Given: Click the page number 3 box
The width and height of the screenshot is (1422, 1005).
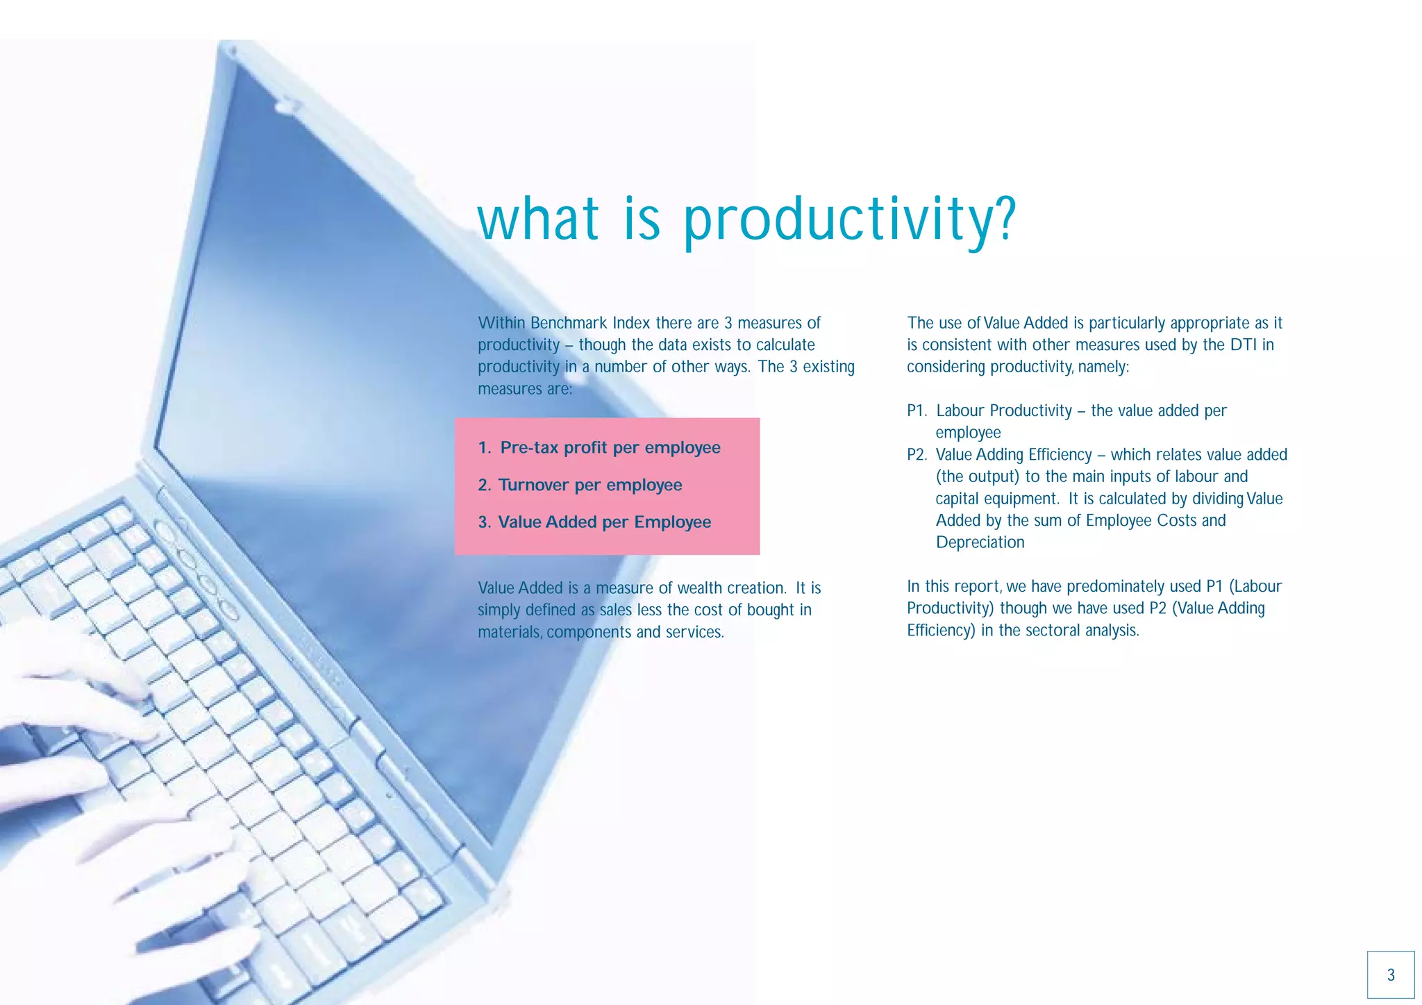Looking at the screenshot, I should [1390, 974].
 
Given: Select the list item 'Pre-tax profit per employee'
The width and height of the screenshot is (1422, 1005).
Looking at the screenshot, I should [610, 448].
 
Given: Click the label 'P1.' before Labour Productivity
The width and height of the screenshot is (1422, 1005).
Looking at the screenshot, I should [917, 411].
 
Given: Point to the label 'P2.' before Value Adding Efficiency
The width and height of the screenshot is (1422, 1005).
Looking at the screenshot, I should [917, 455].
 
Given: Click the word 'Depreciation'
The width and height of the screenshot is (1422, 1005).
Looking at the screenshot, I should [980, 542].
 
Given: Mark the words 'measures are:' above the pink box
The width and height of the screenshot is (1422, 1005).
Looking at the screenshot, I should [525, 389].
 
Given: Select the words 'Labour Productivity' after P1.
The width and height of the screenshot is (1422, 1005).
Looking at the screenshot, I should [1004, 411].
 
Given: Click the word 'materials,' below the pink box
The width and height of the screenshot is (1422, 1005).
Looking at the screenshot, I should [510, 632].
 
